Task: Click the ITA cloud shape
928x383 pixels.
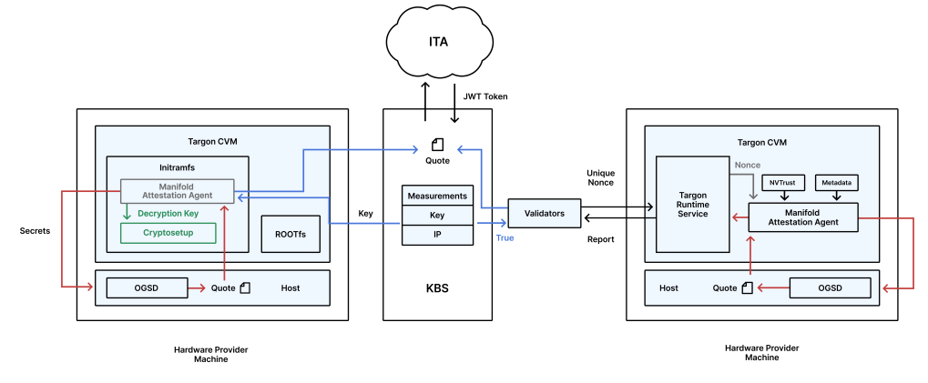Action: (438, 42)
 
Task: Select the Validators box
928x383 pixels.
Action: (544, 214)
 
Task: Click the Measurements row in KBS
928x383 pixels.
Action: (437, 196)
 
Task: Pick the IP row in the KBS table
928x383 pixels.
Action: (437, 235)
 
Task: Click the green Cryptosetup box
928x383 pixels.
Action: (168, 233)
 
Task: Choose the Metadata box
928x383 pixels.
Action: (836, 182)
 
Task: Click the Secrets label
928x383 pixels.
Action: (35, 230)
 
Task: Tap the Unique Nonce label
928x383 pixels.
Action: (600, 177)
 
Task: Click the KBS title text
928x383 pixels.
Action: (437, 287)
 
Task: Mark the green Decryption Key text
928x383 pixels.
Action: (168, 214)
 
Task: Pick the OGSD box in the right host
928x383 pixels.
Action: (830, 287)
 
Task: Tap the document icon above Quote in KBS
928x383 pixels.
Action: (437, 144)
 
